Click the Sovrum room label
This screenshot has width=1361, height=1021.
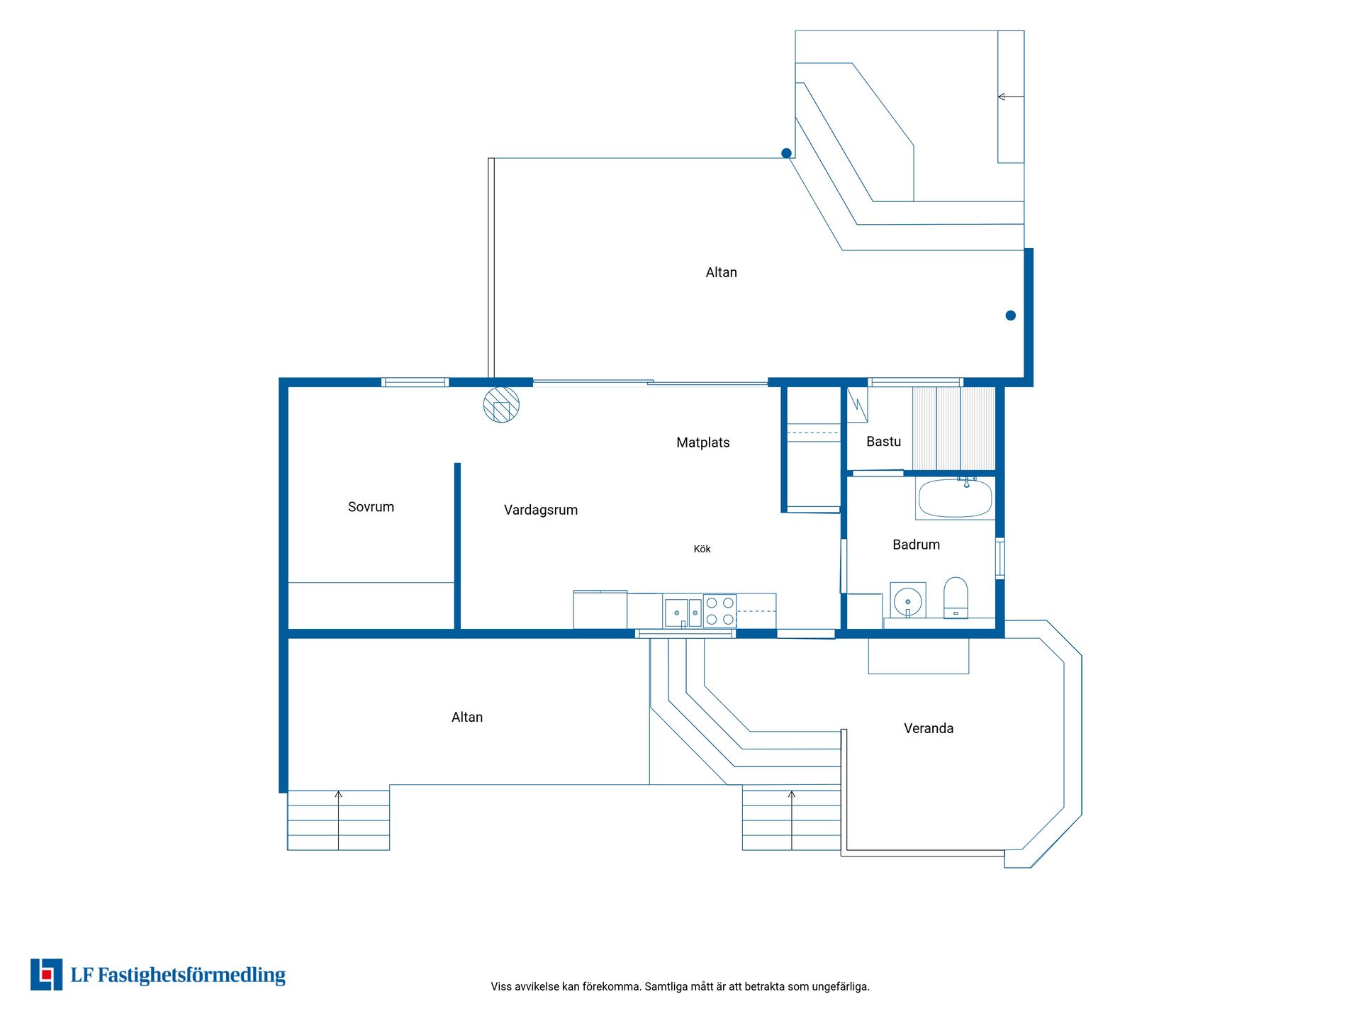point(371,507)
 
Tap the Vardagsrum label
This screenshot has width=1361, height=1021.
point(541,510)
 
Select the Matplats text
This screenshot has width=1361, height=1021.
point(702,442)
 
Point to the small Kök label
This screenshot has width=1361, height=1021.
point(702,549)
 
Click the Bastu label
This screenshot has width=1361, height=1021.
point(883,442)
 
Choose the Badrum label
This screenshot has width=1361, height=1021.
point(916,545)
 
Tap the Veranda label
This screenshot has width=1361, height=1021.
point(929,728)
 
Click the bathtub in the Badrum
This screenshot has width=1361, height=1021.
point(955,498)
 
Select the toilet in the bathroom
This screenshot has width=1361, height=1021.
point(956,598)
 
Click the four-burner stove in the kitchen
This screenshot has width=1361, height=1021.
point(719,611)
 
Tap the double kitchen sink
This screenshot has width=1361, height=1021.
point(683,613)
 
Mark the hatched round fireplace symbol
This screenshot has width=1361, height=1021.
point(501,405)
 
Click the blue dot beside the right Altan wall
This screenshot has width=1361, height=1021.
point(1010,316)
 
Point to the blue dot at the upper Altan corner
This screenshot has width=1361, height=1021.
point(786,153)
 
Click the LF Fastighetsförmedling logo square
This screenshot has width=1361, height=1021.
point(46,974)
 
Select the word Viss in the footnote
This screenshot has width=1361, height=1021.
point(501,986)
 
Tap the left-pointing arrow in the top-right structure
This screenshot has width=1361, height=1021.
point(1011,96)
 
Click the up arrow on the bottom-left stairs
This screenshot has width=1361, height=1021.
point(338,820)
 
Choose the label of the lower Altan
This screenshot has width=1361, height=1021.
point(467,718)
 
